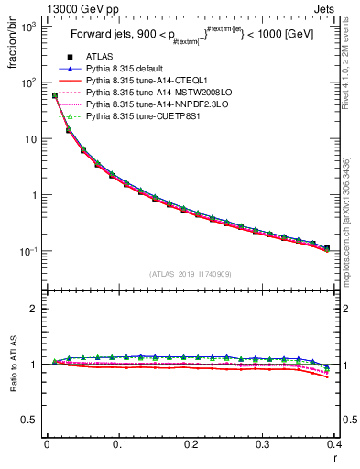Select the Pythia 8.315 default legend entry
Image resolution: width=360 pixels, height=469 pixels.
point(126,69)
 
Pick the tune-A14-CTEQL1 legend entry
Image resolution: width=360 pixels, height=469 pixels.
point(140,81)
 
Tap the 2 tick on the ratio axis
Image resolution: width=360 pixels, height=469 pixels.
point(35,309)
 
